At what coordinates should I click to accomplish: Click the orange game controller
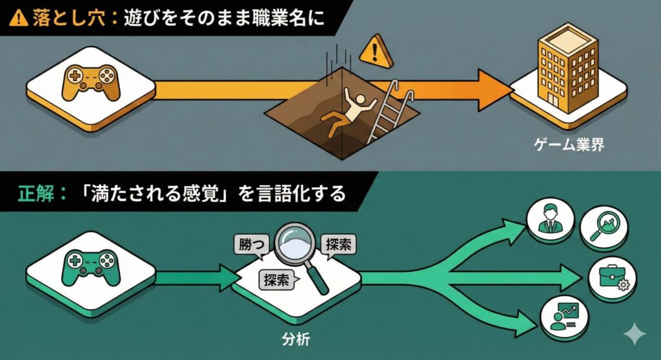click(91, 85)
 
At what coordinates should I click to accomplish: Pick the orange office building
click(568, 64)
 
